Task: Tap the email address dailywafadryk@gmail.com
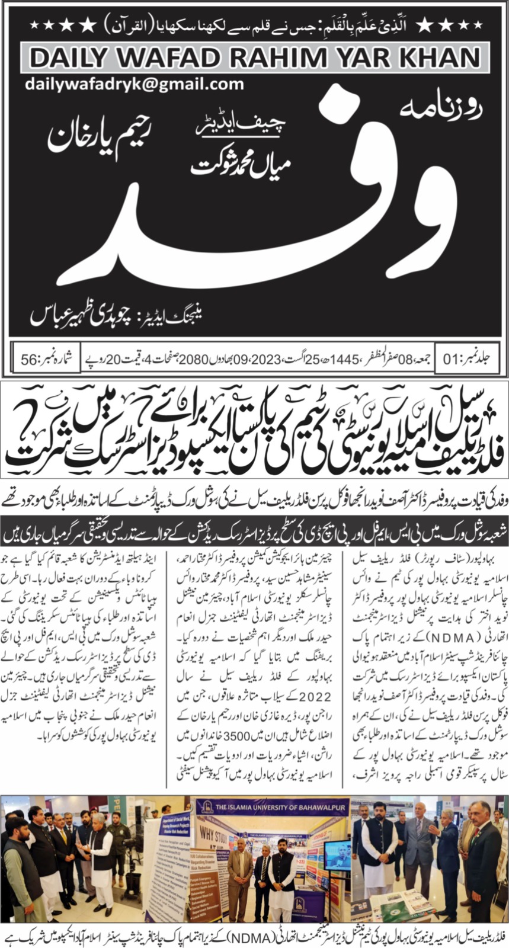coord(135,84)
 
